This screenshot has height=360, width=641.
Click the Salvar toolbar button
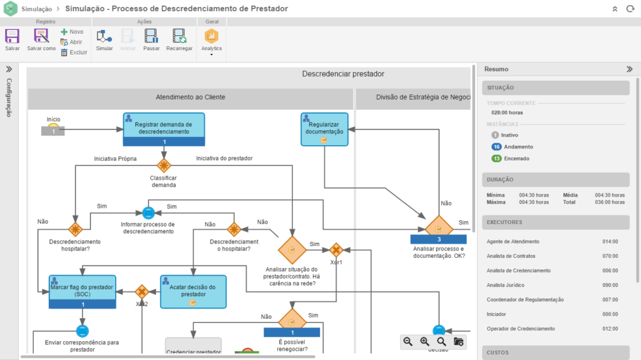pyautogui.click(x=12, y=39)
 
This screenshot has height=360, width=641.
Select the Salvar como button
pyautogui.click(x=41, y=39)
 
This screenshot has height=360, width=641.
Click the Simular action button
pyautogui.click(x=105, y=39)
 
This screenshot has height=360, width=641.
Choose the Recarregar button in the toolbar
pyautogui.click(x=179, y=39)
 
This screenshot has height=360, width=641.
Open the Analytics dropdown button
pyautogui.click(x=211, y=41)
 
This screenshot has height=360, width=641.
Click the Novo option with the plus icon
pyautogui.click(x=72, y=31)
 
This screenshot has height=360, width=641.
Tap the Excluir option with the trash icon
pyautogui.click(x=74, y=53)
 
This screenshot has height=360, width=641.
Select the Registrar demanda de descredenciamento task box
pyautogui.click(x=164, y=128)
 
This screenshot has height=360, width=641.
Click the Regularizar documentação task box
pyautogui.click(x=324, y=129)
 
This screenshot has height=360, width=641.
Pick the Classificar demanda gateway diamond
pyautogui.click(x=164, y=165)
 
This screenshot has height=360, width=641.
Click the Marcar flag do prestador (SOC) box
pyautogui.click(x=83, y=291)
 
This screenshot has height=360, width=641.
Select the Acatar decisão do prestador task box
pyautogui.click(x=193, y=291)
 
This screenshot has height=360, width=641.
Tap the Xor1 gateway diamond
pyautogui.click(x=337, y=249)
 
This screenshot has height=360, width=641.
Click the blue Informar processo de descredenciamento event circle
pyautogui.click(x=148, y=213)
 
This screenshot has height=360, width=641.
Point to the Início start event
pyautogui.click(x=54, y=127)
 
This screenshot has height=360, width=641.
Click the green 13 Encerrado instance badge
pyautogui.click(x=496, y=158)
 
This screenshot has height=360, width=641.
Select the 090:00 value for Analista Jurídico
pyautogui.click(x=610, y=285)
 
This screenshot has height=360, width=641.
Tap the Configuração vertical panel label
pyautogui.click(x=9, y=97)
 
